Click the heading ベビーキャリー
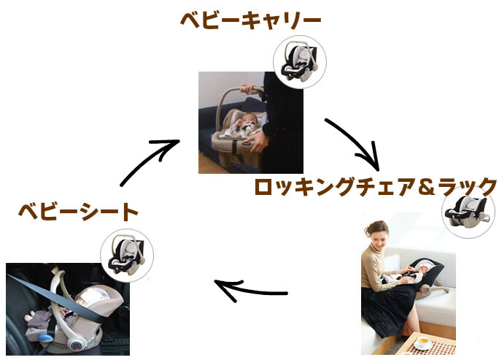250,20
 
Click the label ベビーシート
78,212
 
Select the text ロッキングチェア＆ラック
376,186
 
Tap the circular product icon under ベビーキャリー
300,62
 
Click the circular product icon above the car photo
127,256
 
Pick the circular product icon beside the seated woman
468,212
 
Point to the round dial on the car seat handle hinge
77,345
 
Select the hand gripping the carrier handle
249,88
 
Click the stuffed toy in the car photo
38,318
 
